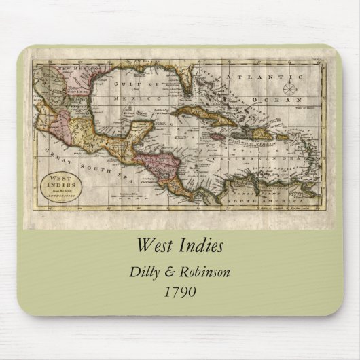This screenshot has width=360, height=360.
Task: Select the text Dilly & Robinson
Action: (x=179, y=272)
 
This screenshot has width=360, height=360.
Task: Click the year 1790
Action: (x=180, y=292)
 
